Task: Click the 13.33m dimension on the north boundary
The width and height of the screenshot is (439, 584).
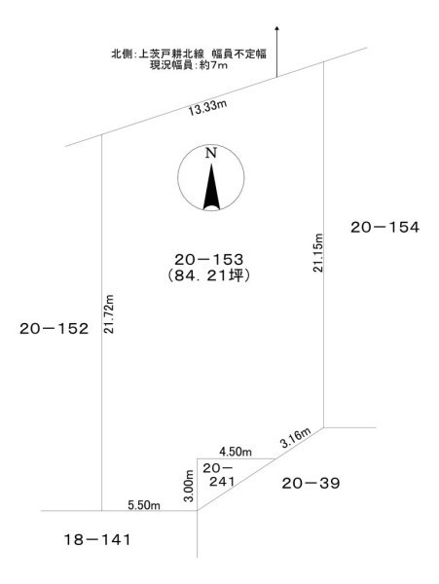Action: (207, 108)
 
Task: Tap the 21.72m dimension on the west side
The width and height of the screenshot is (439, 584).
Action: (109, 313)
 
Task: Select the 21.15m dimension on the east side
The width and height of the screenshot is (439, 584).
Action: (317, 253)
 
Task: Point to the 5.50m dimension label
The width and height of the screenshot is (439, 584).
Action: (144, 505)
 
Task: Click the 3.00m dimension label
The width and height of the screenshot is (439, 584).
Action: (189, 486)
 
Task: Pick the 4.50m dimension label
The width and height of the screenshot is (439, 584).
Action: (236, 452)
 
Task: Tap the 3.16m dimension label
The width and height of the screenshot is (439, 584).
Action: (296, 438)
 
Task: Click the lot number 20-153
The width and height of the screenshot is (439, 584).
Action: (209, 259)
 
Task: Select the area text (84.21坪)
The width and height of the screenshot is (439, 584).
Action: (207, 275)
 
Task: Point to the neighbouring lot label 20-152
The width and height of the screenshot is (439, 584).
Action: (54, 329)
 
